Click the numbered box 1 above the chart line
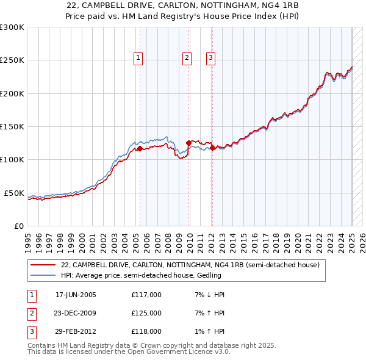pos(138,58)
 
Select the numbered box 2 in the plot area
pos(187,58)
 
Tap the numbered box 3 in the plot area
pos(210,58)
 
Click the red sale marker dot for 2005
pos(140,148)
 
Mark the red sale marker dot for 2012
pos(212,148)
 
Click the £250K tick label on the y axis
pos(12,60)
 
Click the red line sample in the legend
pos(42,265)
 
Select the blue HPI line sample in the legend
pos(42,275)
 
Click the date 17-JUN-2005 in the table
pos(76,295)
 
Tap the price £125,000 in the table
pos(146,313)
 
